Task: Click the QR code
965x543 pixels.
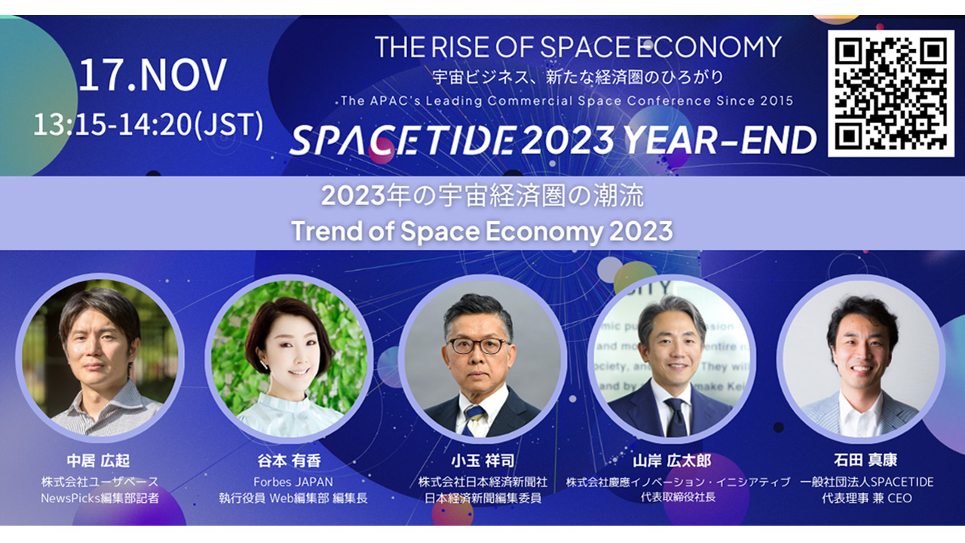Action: pyautogui.click(x=891, y=93)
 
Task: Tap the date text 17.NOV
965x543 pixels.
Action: pyautogui.click(x=152, y=75)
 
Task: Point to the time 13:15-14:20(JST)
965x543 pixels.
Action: pyautogui.click(x=149, y=124)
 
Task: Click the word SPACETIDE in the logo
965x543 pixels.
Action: pyautogui.click(x=403, y=140)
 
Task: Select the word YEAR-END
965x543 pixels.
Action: pyautogui.click(x=720, y=140)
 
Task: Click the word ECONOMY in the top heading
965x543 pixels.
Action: pyautogui.click(x=709, y=47)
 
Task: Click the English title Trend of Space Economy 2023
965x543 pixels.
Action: pyautogui.click(x=482, y=231)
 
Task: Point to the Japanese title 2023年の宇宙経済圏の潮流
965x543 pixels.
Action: pyautogui.click(x=482, y=195)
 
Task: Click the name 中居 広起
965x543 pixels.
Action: pyautogui.click(x=98, y=461)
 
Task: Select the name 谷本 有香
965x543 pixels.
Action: pyautogui.click(x=289, y=461)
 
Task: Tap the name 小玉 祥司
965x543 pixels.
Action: pyautogui.click(x=483, y=461)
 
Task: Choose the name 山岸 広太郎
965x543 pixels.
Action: pyautogui.click(x=672, y=461)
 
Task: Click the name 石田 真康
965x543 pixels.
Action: pyautogui.click(x=865, y=460)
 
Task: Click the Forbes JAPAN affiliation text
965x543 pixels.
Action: pyautogui.click(x=293, y=482)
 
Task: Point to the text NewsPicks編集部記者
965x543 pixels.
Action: pyautogui.click(x=100, y=499)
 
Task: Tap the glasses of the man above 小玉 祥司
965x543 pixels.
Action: pyautogui.click(x=479, y=345)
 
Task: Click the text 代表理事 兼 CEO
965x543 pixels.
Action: pyautogui.click(x=867, y=499)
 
